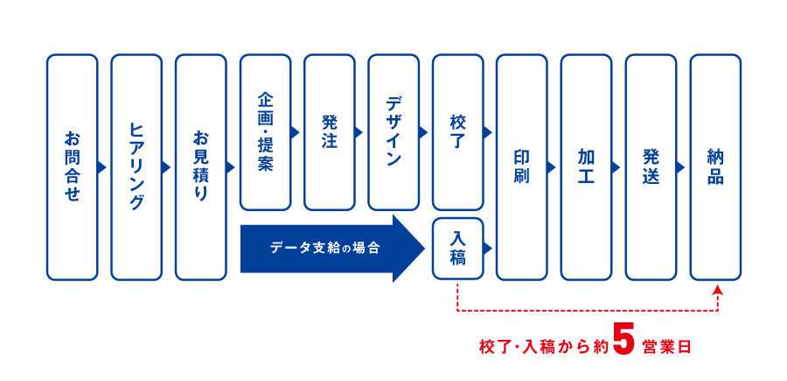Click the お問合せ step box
coord(73,167)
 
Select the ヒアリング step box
coord(136,167)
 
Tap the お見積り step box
coord(201,167)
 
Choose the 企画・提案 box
coord(265,132)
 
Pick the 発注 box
coord(330,132)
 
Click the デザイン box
coord(393,132)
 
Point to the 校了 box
coord(457,132)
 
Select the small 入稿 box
coord(457,248)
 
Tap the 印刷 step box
coord(522,167)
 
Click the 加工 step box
coord(586,167)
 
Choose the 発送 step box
coord(651,167)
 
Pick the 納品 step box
coord(715,167)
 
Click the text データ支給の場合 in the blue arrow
coord(324,248)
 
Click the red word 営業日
coord(666,348)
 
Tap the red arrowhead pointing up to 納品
coord(718,288)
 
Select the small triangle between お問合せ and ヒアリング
coord(102,167)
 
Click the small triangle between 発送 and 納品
coord(680,167)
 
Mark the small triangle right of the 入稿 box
coord(488,247)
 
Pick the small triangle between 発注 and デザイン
coord(359,132)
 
